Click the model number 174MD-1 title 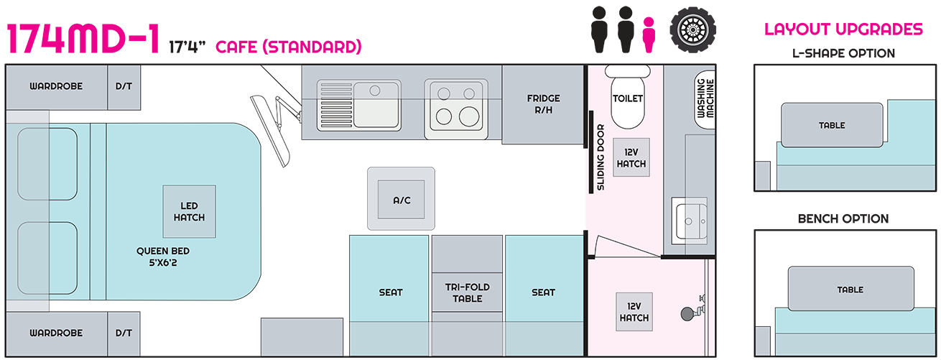pyautogui.click(x=83, y=39)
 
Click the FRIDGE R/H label pyautogui.click(x=543, y=104)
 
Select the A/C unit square pyautogui.click(x=402, y=199)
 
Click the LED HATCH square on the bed pyautogui.click(x=189, y=211)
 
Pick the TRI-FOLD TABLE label pyautogui.click(x=466, y=292)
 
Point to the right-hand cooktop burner pyautogui.click(x=470, y=115)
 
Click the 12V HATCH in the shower pyautogui.click(x=634, y=312)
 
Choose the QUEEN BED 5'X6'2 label pyautogui.click(x=163, y=257)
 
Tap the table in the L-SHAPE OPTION pyautogui.click(x=832, y=126)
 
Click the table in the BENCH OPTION pyautogui.click(x=850, y=290)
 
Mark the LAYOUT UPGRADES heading pyautogui.click(x=843, y=29)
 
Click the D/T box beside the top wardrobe pyautogui.click(x=124, y=86)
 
